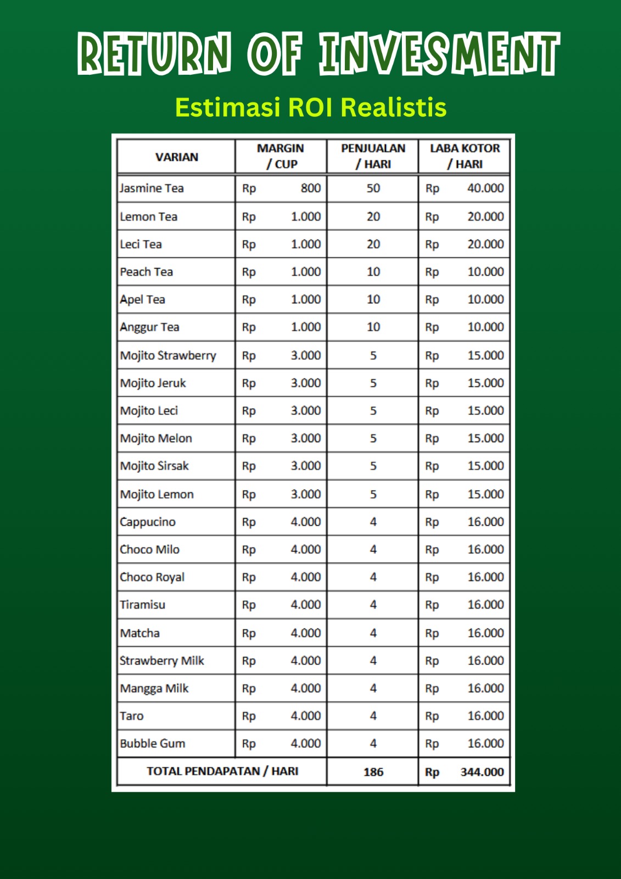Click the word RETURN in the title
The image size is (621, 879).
pos(154,53)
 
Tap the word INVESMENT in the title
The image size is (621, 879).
pos(439,53)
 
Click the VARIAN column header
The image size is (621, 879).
pos(176,157)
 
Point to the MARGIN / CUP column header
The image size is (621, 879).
pos(281,156)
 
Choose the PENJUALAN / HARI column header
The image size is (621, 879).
pos(373,156)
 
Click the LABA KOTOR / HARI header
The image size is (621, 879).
pos(465,156)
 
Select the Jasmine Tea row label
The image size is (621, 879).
pos(152,188)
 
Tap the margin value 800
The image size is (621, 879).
pos(310,188)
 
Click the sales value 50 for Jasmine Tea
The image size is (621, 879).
pos(373,188)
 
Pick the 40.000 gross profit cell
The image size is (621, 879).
pos(485,188)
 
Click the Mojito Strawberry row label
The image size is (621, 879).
pos(168,355)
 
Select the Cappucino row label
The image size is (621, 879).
pos(148,522)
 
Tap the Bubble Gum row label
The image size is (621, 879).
pos(153,743)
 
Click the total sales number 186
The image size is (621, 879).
pos(373,772)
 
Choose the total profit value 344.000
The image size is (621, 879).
pos(482,772)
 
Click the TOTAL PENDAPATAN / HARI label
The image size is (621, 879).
pos(222,771)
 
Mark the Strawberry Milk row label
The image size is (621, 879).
pos(162,660)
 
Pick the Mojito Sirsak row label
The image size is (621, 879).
pos(154,466)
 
